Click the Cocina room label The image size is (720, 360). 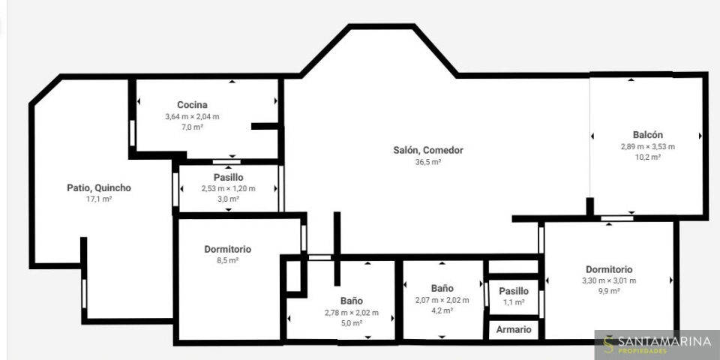pyautogui.click(x=192, y=105)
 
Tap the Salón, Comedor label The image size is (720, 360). pyautogui.click(x=428, y=150)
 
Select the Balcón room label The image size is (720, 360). pyautogui.click(x=647, y=135)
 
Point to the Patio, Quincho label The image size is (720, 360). pyautogui.click(x=99, y=187)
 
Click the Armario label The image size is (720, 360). pyautogui.click(x=514, y=329)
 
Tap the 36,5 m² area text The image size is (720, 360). pyautogui.click(x=428, y=162)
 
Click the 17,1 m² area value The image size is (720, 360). pyautogui.click(x=99, y=199)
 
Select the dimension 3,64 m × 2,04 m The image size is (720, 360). pyautogui.click(x=192, y=117)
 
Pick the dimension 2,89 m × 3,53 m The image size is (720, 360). pyautogui.click(x=647, y=147)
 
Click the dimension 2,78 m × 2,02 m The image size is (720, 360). pyautogui.click(x=351, y=313)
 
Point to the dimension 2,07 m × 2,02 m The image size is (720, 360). pyautogui.click(x=442, y=300)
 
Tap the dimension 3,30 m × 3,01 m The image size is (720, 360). pyautogui.click(x=609, y=281)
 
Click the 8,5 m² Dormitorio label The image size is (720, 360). pyautogui.click(x=228, y=249)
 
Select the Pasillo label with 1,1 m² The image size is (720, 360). pyautogui.click(x=514, y=291)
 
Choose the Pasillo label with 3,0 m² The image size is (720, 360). pyautogui.click(x=228, y=177)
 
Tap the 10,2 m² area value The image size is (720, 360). pyautogui.click(x=647, y=157)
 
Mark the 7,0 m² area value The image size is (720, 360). pyautogui.click(x=192, y=127)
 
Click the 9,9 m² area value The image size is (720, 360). pyautogui.click(x=609, y=291)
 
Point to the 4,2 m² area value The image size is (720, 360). pyautogui.click(x=442, y=310)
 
